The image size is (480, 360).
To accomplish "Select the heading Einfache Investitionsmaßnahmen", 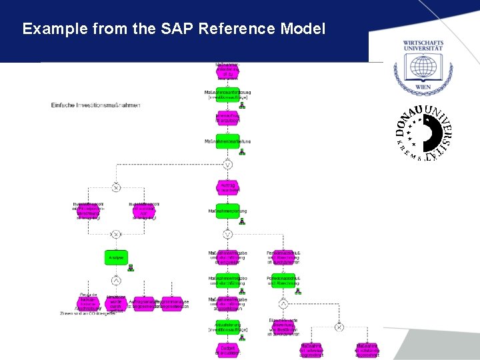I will (x=96, y=105).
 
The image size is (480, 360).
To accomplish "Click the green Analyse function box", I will (x=115, y=257).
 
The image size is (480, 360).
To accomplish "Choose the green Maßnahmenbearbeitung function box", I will (x=227, y=141).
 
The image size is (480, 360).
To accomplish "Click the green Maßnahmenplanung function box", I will (x=227, y=211).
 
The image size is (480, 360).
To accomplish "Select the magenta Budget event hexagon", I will (x=227, y=349).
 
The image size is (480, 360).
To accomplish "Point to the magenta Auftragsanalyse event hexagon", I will (x=143, y=304).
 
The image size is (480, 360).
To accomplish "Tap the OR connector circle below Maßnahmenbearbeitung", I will (x=227, y=164).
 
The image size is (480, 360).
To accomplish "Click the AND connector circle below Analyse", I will (x=115, y=280).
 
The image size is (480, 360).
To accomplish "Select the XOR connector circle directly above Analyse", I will (x=115, y=234).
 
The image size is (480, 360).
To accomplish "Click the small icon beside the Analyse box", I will (x=131, y=268).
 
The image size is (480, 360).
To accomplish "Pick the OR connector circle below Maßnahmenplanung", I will (x=227, y=234).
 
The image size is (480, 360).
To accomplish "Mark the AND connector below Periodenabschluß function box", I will (x=283, y=304).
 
